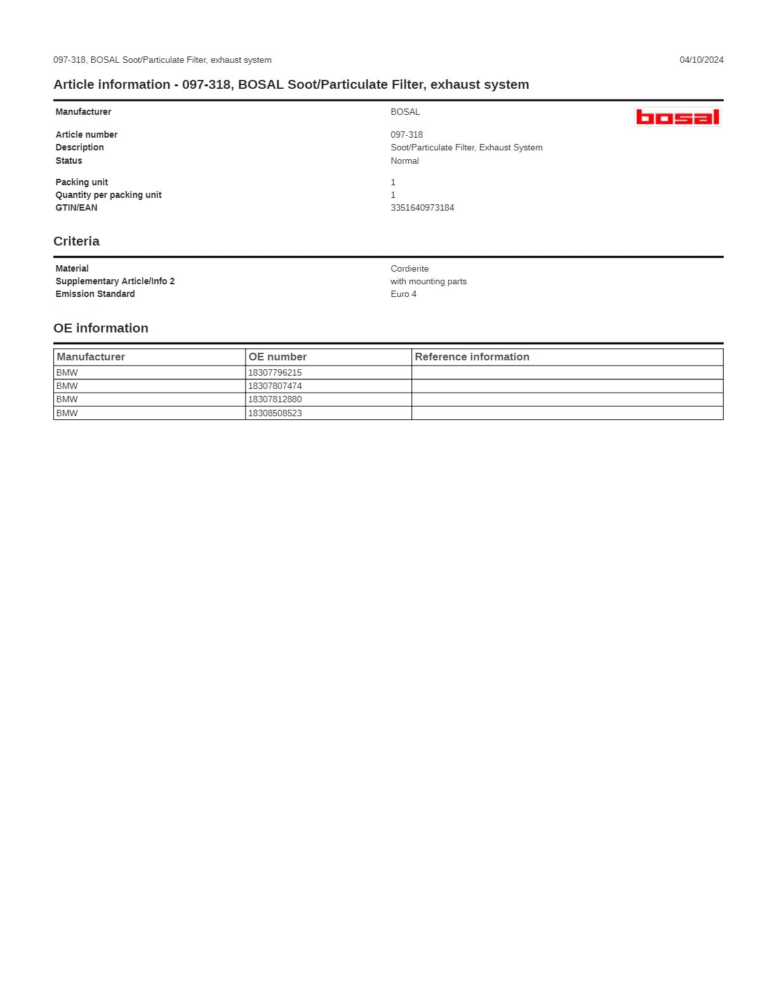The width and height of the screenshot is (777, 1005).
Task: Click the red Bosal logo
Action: coord(677,117)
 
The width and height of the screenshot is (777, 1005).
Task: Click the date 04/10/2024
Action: coord(701,60)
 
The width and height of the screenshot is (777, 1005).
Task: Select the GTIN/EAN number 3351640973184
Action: coord(422,207)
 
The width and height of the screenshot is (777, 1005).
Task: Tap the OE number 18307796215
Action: coord(275,372)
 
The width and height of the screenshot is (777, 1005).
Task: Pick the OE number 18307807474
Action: coord(275,386)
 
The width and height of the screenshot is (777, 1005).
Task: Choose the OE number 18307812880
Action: coord(275,399)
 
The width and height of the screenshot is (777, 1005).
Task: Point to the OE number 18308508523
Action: coord(275,413)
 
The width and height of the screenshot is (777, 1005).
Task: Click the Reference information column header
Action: coord(472,357)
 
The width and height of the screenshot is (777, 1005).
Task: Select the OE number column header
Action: coord(277,357)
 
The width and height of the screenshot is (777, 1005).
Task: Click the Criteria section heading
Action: coord(76,241)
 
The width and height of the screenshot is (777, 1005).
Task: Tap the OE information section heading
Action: coord(101,328)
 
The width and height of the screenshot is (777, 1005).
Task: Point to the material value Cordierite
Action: coord(409,268)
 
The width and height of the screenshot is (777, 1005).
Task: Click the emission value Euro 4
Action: coord(404,294)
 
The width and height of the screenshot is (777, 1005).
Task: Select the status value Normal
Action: coord(404,161)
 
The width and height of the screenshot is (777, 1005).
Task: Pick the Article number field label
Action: coord(86,135)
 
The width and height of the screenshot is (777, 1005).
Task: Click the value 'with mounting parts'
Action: coord(428,281)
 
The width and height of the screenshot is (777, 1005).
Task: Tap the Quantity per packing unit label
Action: coord(109,195)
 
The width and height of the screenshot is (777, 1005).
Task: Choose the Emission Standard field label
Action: coord(95,294)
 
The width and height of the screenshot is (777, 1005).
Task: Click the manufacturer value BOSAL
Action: coord(405,112)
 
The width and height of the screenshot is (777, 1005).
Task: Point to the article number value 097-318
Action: coord(406,135)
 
